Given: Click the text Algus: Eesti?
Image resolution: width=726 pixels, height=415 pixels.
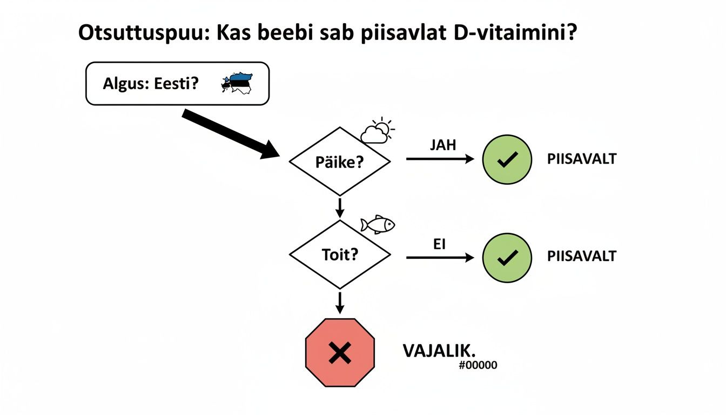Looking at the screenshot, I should click(x=151, y=84).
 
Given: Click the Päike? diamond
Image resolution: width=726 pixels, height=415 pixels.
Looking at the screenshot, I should click(x=340, y=162).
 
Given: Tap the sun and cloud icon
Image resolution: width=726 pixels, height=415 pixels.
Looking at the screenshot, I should click(x=378, y=130).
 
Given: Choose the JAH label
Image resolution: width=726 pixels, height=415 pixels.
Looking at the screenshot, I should click(x=443, y=145).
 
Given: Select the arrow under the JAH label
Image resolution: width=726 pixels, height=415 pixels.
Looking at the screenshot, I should click(x=439, y=159).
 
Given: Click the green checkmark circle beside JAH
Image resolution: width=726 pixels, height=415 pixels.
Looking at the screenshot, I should click(x=507, y=159).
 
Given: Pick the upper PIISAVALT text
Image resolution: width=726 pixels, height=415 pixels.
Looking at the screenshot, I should click(x=582, y=159).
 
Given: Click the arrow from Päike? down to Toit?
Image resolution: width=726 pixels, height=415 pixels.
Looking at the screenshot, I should click(x=340, y=207).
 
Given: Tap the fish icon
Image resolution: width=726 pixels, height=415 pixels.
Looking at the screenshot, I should click(x=378, y=225).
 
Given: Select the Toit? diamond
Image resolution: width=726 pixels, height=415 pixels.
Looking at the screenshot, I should click(x=340, y=254).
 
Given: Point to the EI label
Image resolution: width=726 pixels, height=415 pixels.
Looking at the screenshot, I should click(x=439, y=245).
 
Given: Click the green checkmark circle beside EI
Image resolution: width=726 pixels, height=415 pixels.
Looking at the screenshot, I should click(x=507, y=258).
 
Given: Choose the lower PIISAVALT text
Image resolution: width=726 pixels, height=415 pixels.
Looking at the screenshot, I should click(x=582, y=256).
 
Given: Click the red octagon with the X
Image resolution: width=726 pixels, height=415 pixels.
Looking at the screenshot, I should click(x=340, y=353).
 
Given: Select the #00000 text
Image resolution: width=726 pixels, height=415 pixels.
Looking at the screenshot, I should click(x=478, y=365).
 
